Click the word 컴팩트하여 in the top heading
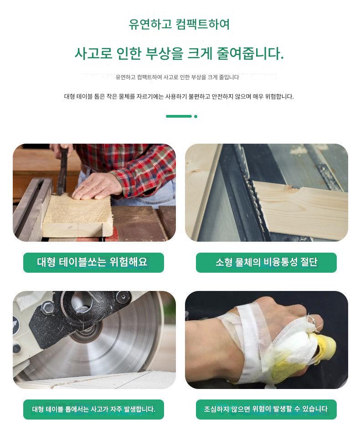(x=203, y=24)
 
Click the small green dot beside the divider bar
(x=196, y=116)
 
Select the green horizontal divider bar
(x=179, y=116)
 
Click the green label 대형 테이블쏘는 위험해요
(x=93, y=262)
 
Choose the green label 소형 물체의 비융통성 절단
(x=266, y=262)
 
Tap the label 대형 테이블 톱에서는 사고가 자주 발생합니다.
(x=93, y=410)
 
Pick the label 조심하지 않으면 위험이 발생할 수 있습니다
(x=266, y=410)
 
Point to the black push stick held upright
(x=62, y=171)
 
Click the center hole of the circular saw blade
(x=82, y=304)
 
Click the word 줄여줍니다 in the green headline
(x=250, y=53)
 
